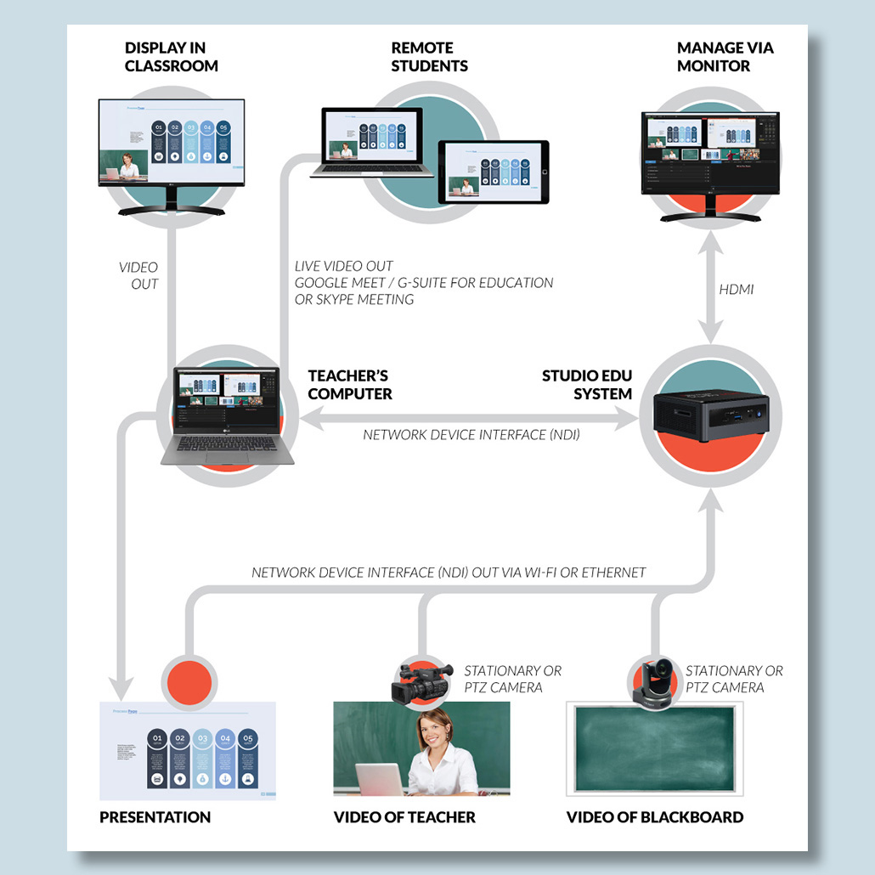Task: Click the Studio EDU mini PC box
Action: click(712, 412)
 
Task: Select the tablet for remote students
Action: click(493, 172)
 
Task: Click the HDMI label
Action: click(736, 290)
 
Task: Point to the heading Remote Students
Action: click(429, 56)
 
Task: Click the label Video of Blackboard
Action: click(654, 817)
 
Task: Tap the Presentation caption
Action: click(155, 817)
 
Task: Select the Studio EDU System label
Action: click(587, 385)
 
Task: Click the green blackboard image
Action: click(654, 748)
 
